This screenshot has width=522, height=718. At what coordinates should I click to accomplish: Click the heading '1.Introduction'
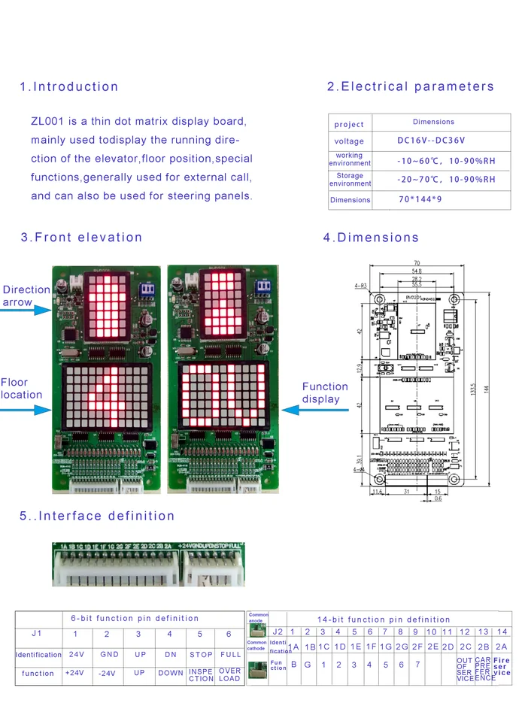point(69,86)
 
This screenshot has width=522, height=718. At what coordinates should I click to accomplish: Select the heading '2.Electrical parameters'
point(411,86)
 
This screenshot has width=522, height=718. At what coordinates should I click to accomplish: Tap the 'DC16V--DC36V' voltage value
point(431,141)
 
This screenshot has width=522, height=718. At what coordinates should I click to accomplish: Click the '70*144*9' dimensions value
point(420,200)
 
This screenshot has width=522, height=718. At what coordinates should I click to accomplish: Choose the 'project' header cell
point(349,124)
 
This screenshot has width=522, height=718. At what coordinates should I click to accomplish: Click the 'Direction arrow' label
point(26,295)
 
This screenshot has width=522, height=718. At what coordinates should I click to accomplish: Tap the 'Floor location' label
point(21,388)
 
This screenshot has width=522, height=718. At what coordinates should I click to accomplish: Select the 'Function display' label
point(325,392)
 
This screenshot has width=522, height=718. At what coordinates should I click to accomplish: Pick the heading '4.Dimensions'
point(371,238)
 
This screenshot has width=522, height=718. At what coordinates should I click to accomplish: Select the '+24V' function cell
point(74,673)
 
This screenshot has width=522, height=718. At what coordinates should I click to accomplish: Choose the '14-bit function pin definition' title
point(384,620)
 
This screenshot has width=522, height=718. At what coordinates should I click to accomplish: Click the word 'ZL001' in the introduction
point(48,120)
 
